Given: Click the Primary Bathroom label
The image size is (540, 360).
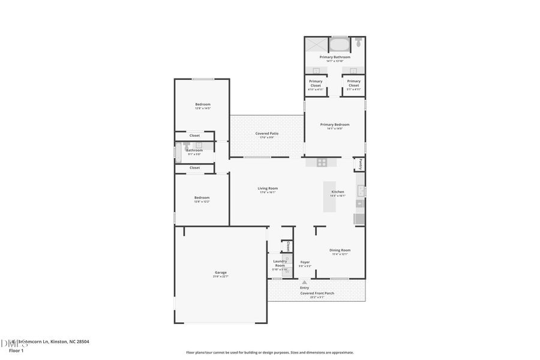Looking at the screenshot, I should point(334,57).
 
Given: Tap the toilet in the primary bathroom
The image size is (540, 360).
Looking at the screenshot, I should point(358,43).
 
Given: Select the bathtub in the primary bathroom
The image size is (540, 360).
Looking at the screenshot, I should point(339,44).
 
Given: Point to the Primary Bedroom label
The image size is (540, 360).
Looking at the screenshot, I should point(334,125).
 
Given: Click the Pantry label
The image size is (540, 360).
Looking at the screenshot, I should point(359,163).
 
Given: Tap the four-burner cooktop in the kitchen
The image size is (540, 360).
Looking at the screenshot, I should point(322,162).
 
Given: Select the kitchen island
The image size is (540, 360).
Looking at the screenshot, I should point(330,196).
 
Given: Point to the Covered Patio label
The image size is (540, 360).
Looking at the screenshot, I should point(266,134).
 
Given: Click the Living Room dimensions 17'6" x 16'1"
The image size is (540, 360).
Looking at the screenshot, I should point(268,193).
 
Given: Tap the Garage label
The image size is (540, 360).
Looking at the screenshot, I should point(221,272).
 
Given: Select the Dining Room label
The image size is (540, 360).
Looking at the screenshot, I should point(340,250).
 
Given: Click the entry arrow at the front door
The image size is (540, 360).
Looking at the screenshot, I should point(304,281).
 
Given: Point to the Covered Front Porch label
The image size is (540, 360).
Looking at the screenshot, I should point(317,293).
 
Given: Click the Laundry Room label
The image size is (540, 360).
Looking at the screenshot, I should point(280,263).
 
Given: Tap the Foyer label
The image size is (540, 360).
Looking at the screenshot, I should point(305,262).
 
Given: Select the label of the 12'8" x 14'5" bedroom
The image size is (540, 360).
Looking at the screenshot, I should point(202,104).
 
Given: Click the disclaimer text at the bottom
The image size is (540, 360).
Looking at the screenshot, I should point(269,353).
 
